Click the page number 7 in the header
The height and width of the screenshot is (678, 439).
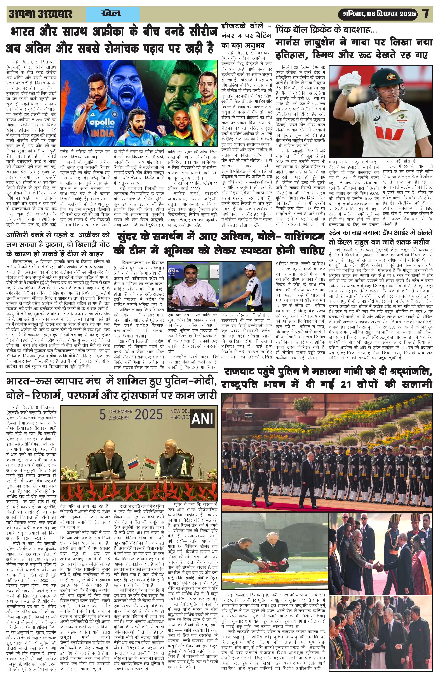pyautogui.click(x=425, y=14)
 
